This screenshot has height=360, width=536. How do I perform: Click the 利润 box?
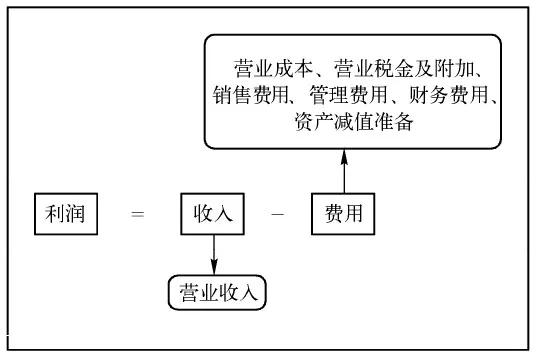[65, 213]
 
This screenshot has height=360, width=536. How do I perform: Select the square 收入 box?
[213, 213]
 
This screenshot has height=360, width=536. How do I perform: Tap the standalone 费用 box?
[343, 213]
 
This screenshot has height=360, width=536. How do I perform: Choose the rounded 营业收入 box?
[219, 292]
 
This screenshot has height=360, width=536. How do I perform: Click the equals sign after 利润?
[138, 213]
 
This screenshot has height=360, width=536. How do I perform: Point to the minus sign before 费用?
[278, 213]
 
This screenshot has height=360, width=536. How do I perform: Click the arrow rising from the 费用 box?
[343, 170]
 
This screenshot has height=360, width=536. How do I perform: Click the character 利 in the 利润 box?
[54, 213]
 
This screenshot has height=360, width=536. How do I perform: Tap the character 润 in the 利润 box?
[77, 213]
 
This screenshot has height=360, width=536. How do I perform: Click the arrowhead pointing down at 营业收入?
[213, 267]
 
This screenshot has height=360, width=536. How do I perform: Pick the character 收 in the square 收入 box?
[201, 213]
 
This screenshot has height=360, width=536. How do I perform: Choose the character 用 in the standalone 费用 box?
[355, 213]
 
